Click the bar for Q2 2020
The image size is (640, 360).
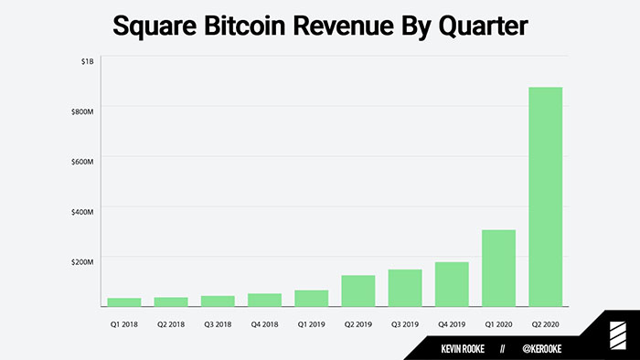point(545,196)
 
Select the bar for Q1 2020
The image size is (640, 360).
point(498,268)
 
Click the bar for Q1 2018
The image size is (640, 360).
point(124,302)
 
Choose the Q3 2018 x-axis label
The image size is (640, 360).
point(218,323)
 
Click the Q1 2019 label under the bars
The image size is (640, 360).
point(311,323)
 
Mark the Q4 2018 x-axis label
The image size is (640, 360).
point(264,323)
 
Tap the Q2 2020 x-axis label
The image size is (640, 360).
point(545,323)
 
